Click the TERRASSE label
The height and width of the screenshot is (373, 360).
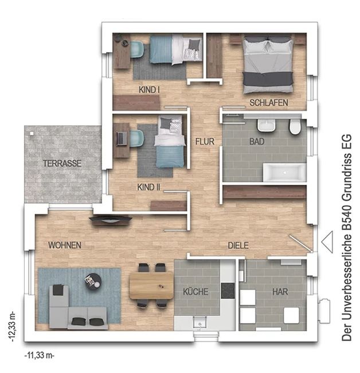(x=62, y=164)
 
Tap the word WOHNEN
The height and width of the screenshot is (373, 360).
(x=65, y=245)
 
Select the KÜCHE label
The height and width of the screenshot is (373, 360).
(x=195, y=292)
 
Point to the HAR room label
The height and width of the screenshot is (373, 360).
(x=280, y=292)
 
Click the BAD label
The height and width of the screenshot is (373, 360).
(x=257, y=142)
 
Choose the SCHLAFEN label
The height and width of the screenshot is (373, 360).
(x=269, y=103)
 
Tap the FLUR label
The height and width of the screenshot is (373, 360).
(x=205, y=142)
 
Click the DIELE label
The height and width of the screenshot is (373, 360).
(x=238, y=246)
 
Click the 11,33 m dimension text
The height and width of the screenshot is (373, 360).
(x=40, y=355)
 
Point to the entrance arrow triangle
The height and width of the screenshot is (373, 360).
(x=327, y=242)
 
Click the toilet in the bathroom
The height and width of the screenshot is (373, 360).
(x=295, y=126)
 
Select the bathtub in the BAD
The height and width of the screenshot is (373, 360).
(x=284, y=172)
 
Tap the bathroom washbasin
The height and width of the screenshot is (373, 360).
(x=267, y=125)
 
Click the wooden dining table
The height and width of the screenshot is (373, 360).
(x=151, y=285)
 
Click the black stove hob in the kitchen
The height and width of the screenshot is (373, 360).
(x=228, y=290)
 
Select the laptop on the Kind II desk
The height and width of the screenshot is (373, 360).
(x=122, y=138)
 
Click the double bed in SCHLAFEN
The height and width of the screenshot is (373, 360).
(x=268, y=64)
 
